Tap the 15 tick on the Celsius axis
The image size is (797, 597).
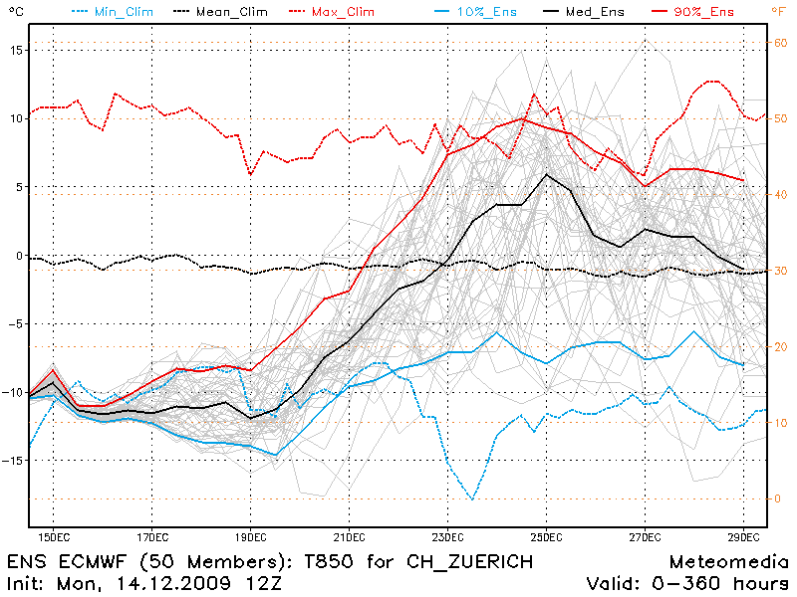coord(15,50)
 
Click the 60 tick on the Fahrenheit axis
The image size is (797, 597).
coord(781,42)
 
